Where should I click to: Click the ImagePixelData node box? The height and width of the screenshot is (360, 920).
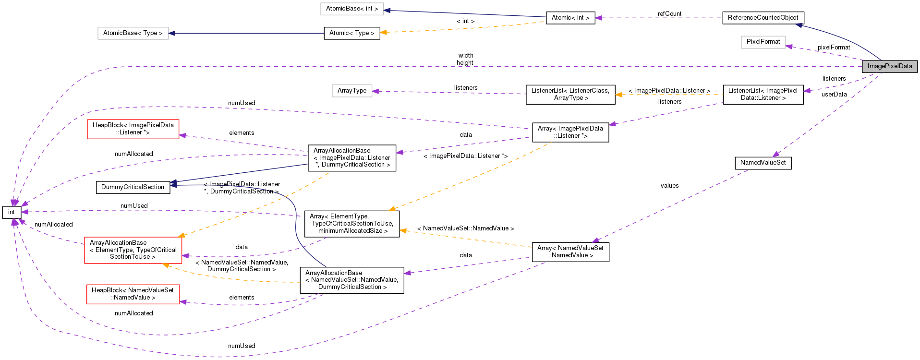click(x=889, y=66)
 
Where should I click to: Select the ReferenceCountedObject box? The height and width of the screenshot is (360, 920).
click(x=763, y=18)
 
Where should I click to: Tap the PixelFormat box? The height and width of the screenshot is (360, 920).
click(x=763, y=42)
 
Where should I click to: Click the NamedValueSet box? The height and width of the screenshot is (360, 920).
click(x=763, y=163)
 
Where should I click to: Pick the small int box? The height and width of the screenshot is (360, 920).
click(x=12, y=212)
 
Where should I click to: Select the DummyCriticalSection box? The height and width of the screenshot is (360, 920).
click(x=133, y=187)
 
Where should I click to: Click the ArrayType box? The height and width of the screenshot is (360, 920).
click(x=351, y=91)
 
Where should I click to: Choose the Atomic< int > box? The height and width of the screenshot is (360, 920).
click(x=570, y=18)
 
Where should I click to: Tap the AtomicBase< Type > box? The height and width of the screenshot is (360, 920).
click(x=133, y=33)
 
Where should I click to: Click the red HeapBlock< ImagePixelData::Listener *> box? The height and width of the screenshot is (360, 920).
click(x=133, y=129)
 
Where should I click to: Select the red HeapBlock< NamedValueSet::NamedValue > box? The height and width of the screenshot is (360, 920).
click(x=133, y=294)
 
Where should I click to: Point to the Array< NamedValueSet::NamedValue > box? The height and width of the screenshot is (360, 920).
click(x=570, y=252)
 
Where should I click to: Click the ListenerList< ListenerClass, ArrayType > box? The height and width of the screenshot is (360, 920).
click(x=570, y=95)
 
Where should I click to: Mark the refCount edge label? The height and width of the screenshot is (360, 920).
click(x=669, y=14)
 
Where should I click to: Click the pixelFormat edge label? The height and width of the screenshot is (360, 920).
click(x=834, y=48)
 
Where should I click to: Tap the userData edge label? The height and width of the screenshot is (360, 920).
click(x=834, y=95)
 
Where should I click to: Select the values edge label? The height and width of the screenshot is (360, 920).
click(x=669, y=186)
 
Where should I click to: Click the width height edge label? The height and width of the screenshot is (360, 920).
click(x=465, y=59)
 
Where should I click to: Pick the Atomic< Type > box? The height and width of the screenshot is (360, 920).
click(x=351, y=33)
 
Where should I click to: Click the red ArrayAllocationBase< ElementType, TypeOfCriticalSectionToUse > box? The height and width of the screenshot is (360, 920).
click(x=133, y=250)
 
